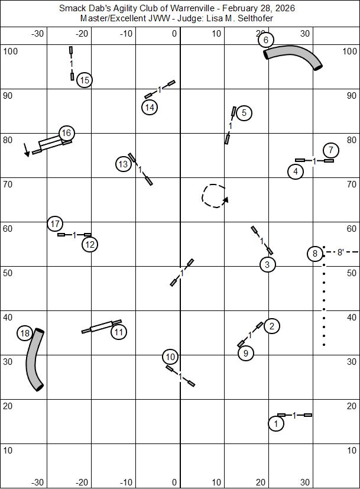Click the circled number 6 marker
coord(266,40)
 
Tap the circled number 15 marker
coord(85,80)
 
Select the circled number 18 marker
coord(24,333)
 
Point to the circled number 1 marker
coord(275,423)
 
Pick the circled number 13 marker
coord(123,164)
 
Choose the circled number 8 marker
coord(315,254)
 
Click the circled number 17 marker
coord(55,224)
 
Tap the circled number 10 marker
coord(170,357)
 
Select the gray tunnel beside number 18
coord(35,360)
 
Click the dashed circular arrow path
coord(213,195)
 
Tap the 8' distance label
coord(340,252)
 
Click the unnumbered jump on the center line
coord(182,272)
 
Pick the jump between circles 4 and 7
coord(314,160)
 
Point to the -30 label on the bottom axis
coord(37,482)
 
